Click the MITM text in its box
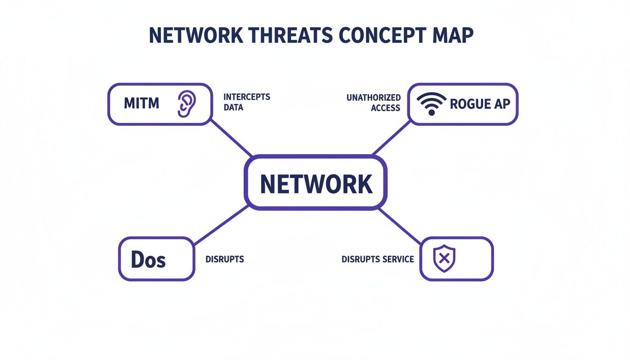click(142, 104)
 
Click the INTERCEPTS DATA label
click(247, 102)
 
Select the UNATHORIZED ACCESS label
click(374, 103)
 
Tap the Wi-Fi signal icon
click(431, 104)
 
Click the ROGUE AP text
click(480, 104)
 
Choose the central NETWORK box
click(316, 183)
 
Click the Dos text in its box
click(148, 259)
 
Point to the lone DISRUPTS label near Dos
click(225, 259)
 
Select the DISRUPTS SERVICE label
click(378, 259)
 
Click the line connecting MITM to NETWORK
click(231, 138)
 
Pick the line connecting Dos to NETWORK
click(220, 225)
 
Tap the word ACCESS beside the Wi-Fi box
click(385, 108)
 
